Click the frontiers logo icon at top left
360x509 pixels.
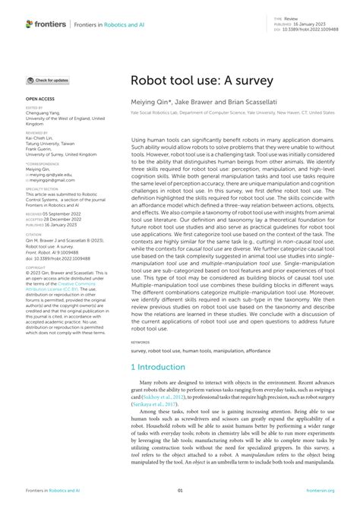pos(30,24)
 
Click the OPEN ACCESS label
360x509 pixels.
pos(40,100)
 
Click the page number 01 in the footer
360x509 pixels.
pos(179,492)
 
